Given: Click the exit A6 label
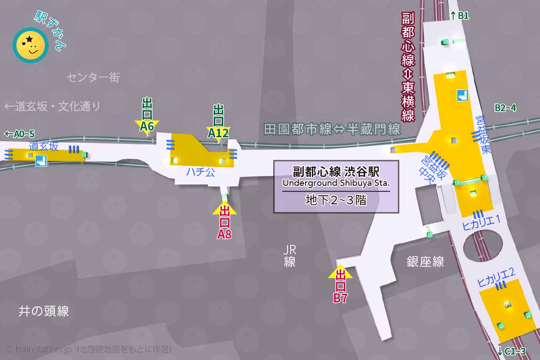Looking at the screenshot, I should (147, 115).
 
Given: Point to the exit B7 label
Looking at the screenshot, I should (340, 286).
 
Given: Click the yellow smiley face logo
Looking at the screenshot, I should (31, 45).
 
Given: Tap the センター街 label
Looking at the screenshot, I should (93, 77).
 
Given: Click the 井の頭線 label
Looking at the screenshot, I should (44, 311).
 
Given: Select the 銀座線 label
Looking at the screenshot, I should (425, 261).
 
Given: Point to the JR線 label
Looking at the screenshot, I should (290, 256).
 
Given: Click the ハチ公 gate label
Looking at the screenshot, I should (201, 172).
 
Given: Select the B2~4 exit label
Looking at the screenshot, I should (505, 108).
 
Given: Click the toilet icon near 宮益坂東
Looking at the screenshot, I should (463, 95).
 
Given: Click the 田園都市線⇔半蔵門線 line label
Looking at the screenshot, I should (332, 130).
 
